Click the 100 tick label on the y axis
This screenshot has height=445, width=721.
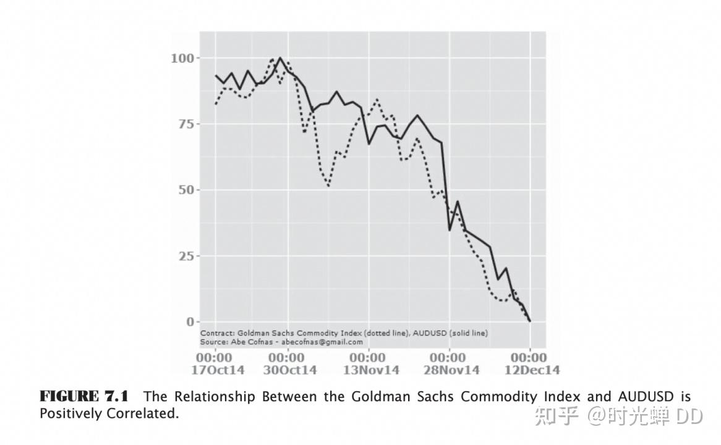183,58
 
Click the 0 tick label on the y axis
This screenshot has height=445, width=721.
190,321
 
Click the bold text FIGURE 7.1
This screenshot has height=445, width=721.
84,396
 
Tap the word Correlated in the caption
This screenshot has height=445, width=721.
143,413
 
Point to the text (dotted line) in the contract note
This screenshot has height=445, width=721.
386,333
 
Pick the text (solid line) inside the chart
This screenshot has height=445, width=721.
467,333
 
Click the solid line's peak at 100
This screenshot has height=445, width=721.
280,58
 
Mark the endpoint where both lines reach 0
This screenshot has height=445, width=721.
530,321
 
